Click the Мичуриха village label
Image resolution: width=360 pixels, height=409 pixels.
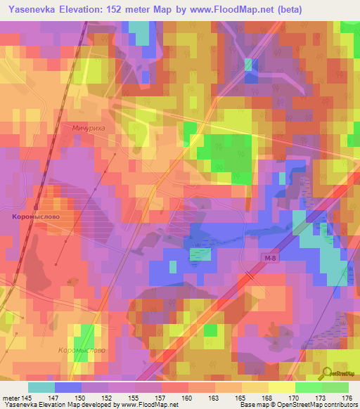(x=88, y=129)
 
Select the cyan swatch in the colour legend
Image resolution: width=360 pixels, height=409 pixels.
(x=41, y=387)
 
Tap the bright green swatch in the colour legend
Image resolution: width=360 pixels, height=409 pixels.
(x=308, y=387)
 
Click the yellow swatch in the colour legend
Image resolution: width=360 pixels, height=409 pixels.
(x=281, y=387)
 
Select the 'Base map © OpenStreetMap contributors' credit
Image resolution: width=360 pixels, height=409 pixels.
(x=296, y=405)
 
